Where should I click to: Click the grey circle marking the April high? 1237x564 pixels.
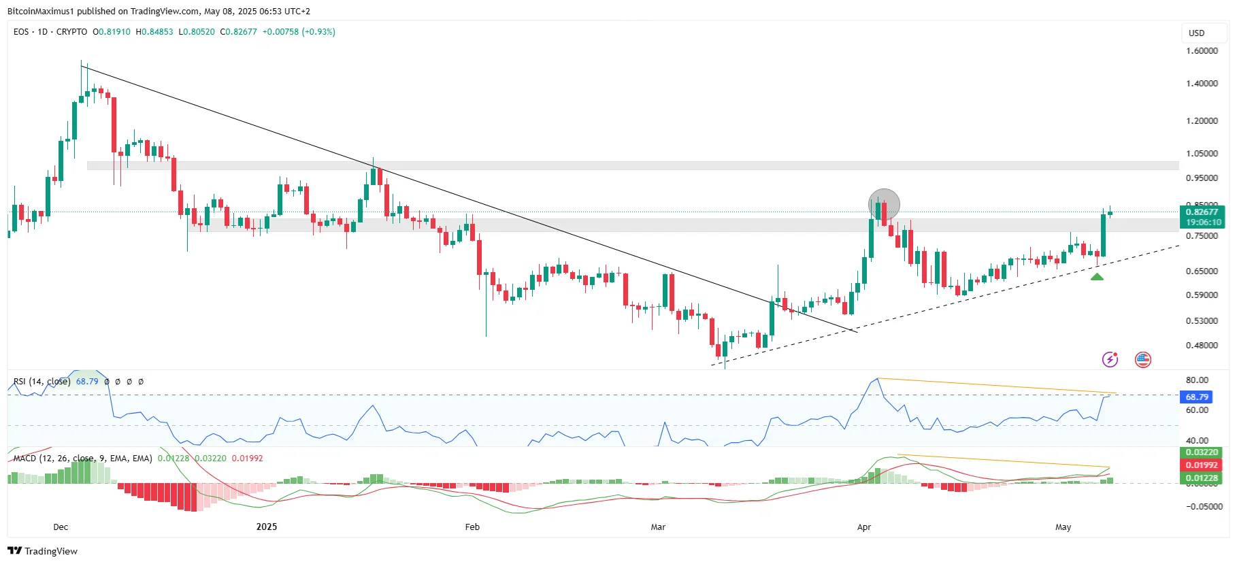884,204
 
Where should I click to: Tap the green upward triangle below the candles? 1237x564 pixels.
1097,276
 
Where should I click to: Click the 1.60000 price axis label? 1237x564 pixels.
1202,51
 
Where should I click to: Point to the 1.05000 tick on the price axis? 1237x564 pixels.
1202,154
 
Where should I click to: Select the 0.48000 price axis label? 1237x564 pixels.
1202,346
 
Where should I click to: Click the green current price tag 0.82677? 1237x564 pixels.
1202,212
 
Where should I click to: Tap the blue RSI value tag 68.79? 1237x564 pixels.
1197,397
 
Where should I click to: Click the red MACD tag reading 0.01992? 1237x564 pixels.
1202,465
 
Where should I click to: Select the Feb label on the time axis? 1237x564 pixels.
472,527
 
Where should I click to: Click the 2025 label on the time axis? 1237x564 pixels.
267,527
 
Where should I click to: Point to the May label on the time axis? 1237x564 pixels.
1063,527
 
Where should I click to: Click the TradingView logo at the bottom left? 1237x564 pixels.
43,551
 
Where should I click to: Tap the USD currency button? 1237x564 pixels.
1196,33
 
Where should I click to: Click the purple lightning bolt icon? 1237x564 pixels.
1110,359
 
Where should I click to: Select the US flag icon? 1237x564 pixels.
1143,359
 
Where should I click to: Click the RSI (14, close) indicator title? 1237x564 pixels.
42,382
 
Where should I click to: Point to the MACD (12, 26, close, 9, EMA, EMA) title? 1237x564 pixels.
82,459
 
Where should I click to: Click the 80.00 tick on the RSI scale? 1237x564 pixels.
1197,380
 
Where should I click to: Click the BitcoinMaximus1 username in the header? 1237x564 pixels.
40,12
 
